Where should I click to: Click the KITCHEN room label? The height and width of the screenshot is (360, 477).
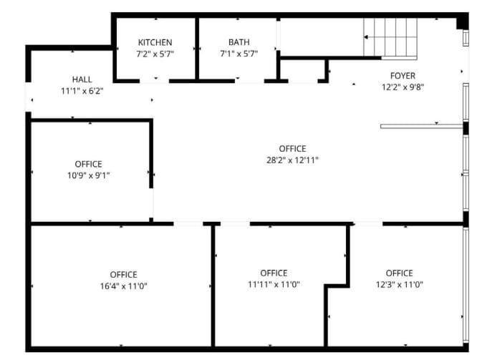155,42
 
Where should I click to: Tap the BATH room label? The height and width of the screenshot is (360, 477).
239,42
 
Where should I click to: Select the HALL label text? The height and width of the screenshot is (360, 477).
82,79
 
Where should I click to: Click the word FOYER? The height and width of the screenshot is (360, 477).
403,76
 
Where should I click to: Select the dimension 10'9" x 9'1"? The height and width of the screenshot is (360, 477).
88,175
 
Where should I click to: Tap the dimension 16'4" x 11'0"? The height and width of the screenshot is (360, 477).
123,286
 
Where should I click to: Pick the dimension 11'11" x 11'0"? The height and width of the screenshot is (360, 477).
274,284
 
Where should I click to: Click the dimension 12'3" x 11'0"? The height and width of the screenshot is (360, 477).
399,284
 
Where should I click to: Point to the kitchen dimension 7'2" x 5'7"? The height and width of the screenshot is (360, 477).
155,54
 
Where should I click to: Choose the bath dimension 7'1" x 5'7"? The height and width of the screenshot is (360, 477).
239,54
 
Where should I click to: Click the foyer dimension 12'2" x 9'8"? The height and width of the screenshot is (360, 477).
403,87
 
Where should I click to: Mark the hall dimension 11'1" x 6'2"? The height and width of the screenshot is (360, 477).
82,91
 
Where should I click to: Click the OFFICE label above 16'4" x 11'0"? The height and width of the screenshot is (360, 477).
123,274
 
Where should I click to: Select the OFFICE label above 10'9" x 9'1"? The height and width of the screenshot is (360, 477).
88,164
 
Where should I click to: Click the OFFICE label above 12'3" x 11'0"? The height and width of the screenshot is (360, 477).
399,273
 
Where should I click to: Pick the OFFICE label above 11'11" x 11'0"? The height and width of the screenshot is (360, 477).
274,273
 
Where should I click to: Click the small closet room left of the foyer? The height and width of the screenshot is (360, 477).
303,70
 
